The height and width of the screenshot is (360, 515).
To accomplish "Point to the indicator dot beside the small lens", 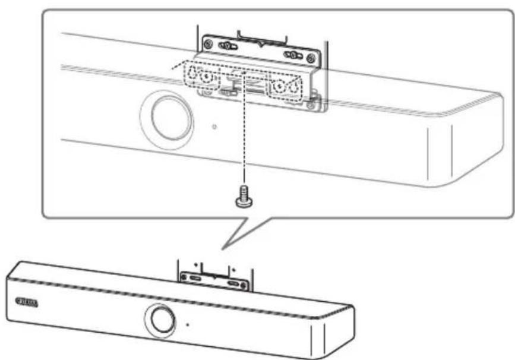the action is coord(187,325).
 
